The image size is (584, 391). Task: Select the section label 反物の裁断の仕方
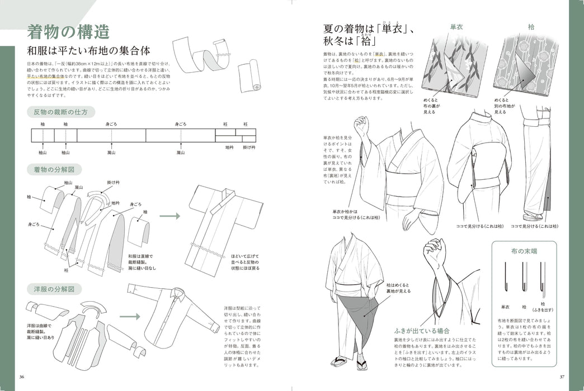[58, 112]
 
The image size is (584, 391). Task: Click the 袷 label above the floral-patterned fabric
[530, 27]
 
